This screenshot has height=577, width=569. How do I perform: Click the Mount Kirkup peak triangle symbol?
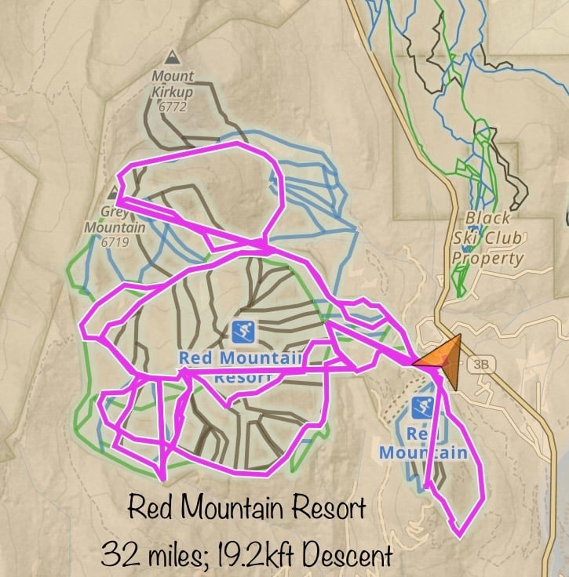[x=172, y=57]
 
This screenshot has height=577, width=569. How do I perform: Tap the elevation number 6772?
[x=172, y=107]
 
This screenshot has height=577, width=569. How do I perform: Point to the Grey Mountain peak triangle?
[x=115, y=191]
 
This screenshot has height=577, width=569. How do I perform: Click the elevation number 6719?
[x=115, y=242]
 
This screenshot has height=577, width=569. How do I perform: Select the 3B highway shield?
[x=478, y=365]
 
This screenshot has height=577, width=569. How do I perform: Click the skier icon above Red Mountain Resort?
[x=244, y=332]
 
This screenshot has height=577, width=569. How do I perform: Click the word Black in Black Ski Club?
[x=487, y=218]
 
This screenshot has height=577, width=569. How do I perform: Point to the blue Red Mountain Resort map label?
[x=240, y=359]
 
